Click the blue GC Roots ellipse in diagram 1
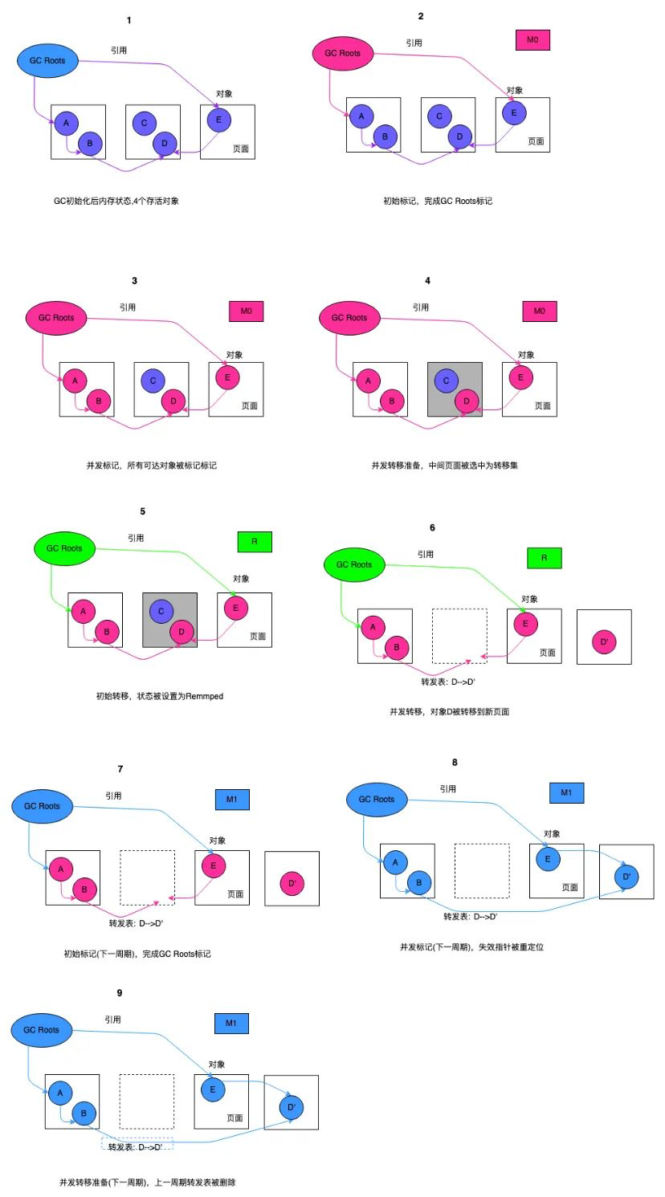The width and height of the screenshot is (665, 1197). [47, 61]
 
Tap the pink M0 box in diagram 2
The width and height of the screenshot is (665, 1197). [532, 39]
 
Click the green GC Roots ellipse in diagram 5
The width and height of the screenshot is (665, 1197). [64, 548]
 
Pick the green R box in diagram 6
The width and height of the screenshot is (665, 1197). [544, 558]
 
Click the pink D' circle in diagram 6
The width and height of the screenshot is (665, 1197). [603, 642]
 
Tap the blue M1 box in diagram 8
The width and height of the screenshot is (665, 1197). [566, 792]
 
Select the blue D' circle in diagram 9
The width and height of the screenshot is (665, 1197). [292, 1107]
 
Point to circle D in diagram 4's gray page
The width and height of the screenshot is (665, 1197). [467, 401]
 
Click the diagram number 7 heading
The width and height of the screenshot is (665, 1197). [120, 769]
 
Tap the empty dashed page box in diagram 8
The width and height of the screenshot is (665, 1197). [482, 870]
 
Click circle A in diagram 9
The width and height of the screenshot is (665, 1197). [60, 1093]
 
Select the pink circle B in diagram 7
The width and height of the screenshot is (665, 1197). [84, 890]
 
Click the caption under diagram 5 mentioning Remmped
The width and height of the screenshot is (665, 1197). [159, 696]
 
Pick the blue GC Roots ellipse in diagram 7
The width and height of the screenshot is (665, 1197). [42, 806]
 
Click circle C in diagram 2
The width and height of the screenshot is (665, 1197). [439, 116]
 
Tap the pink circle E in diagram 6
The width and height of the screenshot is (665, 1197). [525, 624]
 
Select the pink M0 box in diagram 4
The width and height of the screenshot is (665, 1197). [539, 311]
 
